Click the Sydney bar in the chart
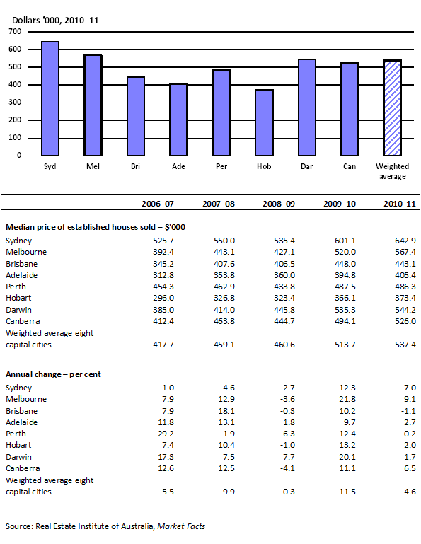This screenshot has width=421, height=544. point(50,98)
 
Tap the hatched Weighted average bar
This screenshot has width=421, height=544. point(393,108)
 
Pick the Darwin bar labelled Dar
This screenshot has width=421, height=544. point(307,108)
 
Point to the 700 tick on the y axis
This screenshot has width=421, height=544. point(15,32)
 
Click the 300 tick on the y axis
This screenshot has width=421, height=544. point(15,103)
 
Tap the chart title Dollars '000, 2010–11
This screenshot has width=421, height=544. point(53,20)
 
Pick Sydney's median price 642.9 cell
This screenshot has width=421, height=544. point(405,241)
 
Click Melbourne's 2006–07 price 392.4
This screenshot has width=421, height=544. point(162,251)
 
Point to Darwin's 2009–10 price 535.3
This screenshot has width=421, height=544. point(343,310)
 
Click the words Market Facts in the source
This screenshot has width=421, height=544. point(181,526)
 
